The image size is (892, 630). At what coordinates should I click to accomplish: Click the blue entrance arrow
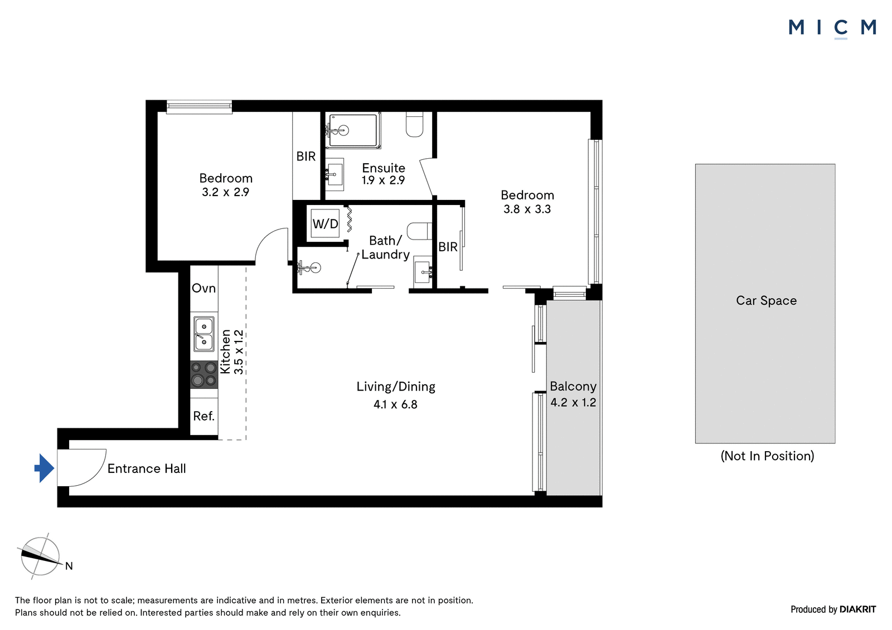click(44, 468)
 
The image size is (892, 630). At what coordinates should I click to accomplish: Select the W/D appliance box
click(325, 224)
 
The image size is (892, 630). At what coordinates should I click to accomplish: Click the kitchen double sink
click(204, 334)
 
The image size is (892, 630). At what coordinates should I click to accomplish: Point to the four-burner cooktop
click(204, 374)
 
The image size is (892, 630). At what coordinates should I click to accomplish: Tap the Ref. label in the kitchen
click(204, 416)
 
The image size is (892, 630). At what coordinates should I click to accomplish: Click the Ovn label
click(204, 288)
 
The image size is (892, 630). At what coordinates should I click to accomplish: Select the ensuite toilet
click(415, 125)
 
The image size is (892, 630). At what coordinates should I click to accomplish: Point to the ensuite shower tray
click(353, 130)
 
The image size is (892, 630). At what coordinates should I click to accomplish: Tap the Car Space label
click(766, 300)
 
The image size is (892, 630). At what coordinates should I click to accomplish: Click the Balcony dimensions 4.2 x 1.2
click(573, 402)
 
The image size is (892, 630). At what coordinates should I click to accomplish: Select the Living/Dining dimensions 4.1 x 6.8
click(395, 405)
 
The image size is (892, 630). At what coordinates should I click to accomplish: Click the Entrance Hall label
click(147, 468)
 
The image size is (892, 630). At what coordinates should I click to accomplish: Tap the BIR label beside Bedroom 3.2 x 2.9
click(306, 157)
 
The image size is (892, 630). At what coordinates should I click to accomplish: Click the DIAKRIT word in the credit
click(858, 609)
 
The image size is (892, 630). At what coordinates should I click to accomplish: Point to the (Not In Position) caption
click(767, 456)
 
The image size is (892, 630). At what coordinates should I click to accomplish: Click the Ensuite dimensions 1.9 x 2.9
click(383, 180)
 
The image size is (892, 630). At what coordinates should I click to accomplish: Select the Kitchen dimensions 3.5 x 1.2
click(238, 352)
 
